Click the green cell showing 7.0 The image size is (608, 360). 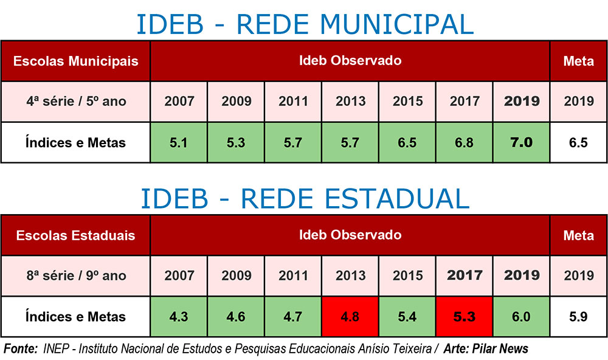[x=521, y=142]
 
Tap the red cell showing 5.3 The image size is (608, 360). [x=464, y=317]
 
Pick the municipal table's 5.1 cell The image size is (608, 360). [x=179, y=142]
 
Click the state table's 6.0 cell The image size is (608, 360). [x=521, y=317]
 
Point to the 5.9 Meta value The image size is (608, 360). [x=578, y=317]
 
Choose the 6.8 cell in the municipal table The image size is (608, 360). [x=464, y=142]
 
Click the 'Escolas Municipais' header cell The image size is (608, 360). [x=75, y=61]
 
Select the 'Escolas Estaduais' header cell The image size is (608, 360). [x=75, y=235]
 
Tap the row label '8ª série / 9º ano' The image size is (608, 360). [x=75, y=275]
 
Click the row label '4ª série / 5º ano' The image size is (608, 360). [x=75, y=101]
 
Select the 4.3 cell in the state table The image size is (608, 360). [x=179, y=317]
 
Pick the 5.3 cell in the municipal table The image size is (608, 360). [x=236, y=142]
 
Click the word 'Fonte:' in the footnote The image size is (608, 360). [x=21, y=349]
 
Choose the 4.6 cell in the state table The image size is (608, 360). [x=236, y=317]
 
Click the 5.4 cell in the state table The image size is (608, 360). [x=407, y=317]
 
